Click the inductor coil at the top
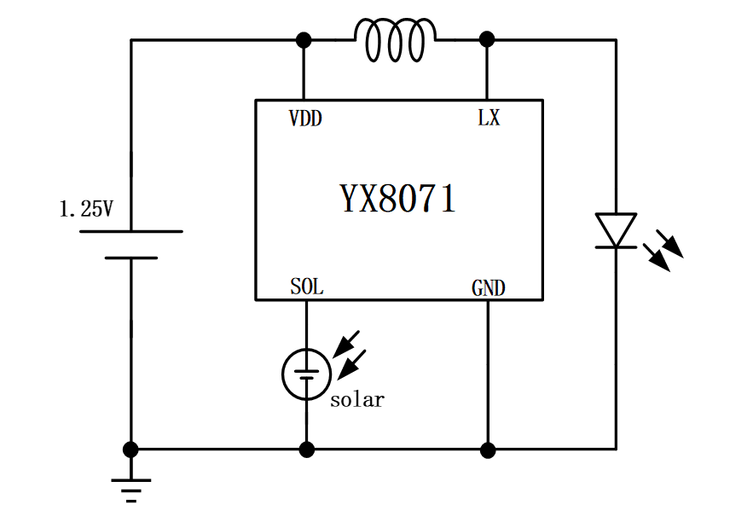395,41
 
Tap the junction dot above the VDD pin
303,40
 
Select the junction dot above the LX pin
487,39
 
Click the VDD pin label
305,119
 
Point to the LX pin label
489,119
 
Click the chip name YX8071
398,200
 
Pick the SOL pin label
306,287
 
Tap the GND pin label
489,288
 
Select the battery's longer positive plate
130,231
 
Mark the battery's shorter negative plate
130,257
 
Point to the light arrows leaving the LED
663,250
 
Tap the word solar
357,399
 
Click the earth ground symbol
130,490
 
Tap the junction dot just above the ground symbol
130,449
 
